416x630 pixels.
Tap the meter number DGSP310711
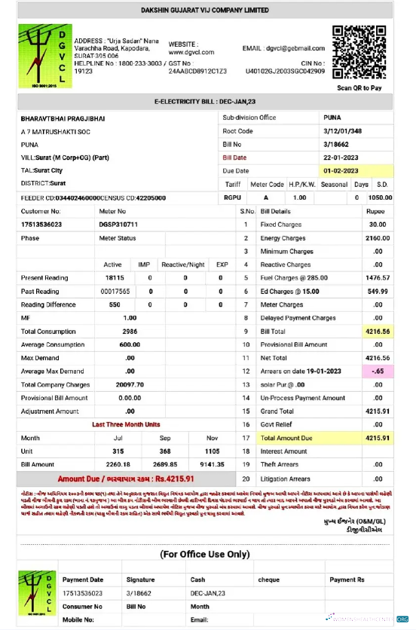click(118, 225)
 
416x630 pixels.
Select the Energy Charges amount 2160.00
click(377, 238)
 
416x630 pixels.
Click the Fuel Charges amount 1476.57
click(377, 278)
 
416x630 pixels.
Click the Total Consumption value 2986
click(130, 332)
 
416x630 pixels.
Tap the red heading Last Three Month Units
click(127, 425)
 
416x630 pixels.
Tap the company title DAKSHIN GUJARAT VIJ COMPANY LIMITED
click(205, 11)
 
